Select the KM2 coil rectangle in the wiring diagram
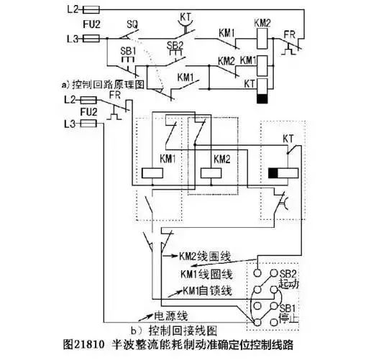211,172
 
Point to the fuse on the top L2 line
91,9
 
